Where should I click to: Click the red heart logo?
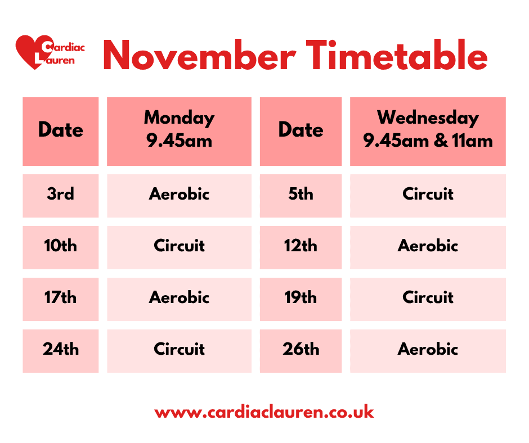(28, 52)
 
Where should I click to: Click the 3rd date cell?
(60, 195)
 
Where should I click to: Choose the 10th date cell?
(60, 246)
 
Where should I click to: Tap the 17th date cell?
(60, 298)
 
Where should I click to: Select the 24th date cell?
(60, 350)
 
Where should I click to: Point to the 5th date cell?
(301, 195)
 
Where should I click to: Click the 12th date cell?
(301, 246)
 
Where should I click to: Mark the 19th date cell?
(301, 298)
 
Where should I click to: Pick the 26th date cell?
(301, 350)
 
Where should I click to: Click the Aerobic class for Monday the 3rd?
(179, 195)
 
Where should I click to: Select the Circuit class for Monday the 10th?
(179, 246)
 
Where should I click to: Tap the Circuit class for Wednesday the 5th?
(428, 195)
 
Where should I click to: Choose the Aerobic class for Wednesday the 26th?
(428, 350)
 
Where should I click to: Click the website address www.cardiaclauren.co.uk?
(264, 412)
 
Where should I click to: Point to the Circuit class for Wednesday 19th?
(428, 298)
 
